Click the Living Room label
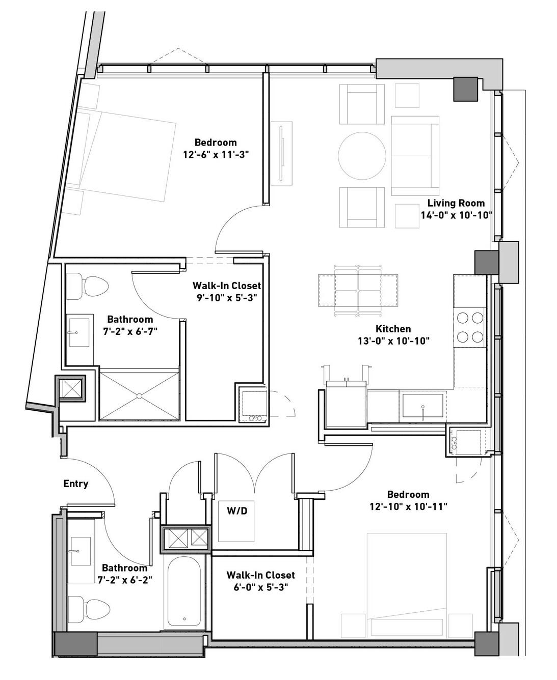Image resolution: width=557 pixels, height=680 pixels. point(456,203)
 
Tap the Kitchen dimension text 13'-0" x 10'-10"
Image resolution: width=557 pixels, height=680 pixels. point(393,341)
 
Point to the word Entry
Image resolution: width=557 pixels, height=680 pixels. point(76,484)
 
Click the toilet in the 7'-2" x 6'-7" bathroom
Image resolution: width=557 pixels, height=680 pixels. point(88,287)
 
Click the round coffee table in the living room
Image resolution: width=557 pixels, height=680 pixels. point(362,156)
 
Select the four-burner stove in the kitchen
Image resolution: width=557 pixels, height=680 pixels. point(470,327)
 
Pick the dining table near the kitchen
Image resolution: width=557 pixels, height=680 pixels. point(358,290)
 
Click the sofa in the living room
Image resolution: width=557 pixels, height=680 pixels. point(415,156)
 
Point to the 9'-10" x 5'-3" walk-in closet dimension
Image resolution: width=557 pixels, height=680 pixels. point(227,298)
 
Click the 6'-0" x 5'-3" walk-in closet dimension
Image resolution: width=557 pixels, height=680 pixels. point(260,587)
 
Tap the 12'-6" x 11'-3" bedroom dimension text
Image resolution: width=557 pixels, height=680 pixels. point(216,155)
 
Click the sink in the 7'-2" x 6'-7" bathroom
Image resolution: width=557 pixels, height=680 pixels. point(79,332)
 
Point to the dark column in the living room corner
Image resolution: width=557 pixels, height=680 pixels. point(466,89)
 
